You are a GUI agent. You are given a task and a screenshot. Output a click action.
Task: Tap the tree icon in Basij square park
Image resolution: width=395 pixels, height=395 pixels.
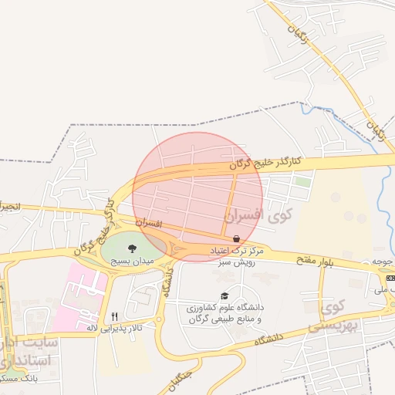[133, 248]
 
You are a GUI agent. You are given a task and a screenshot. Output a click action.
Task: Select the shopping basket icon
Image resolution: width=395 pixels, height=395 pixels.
[235, 238]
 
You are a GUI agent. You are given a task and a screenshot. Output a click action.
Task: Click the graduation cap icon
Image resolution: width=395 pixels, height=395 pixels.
[225, 295]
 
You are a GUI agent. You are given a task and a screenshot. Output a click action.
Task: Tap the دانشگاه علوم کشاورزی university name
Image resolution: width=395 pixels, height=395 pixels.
[225, 307]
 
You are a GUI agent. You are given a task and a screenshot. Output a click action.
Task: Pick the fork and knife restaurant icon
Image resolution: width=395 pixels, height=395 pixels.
[114, 316]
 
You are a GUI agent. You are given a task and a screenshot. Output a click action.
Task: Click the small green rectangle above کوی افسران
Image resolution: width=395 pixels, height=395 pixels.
[302, 183]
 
